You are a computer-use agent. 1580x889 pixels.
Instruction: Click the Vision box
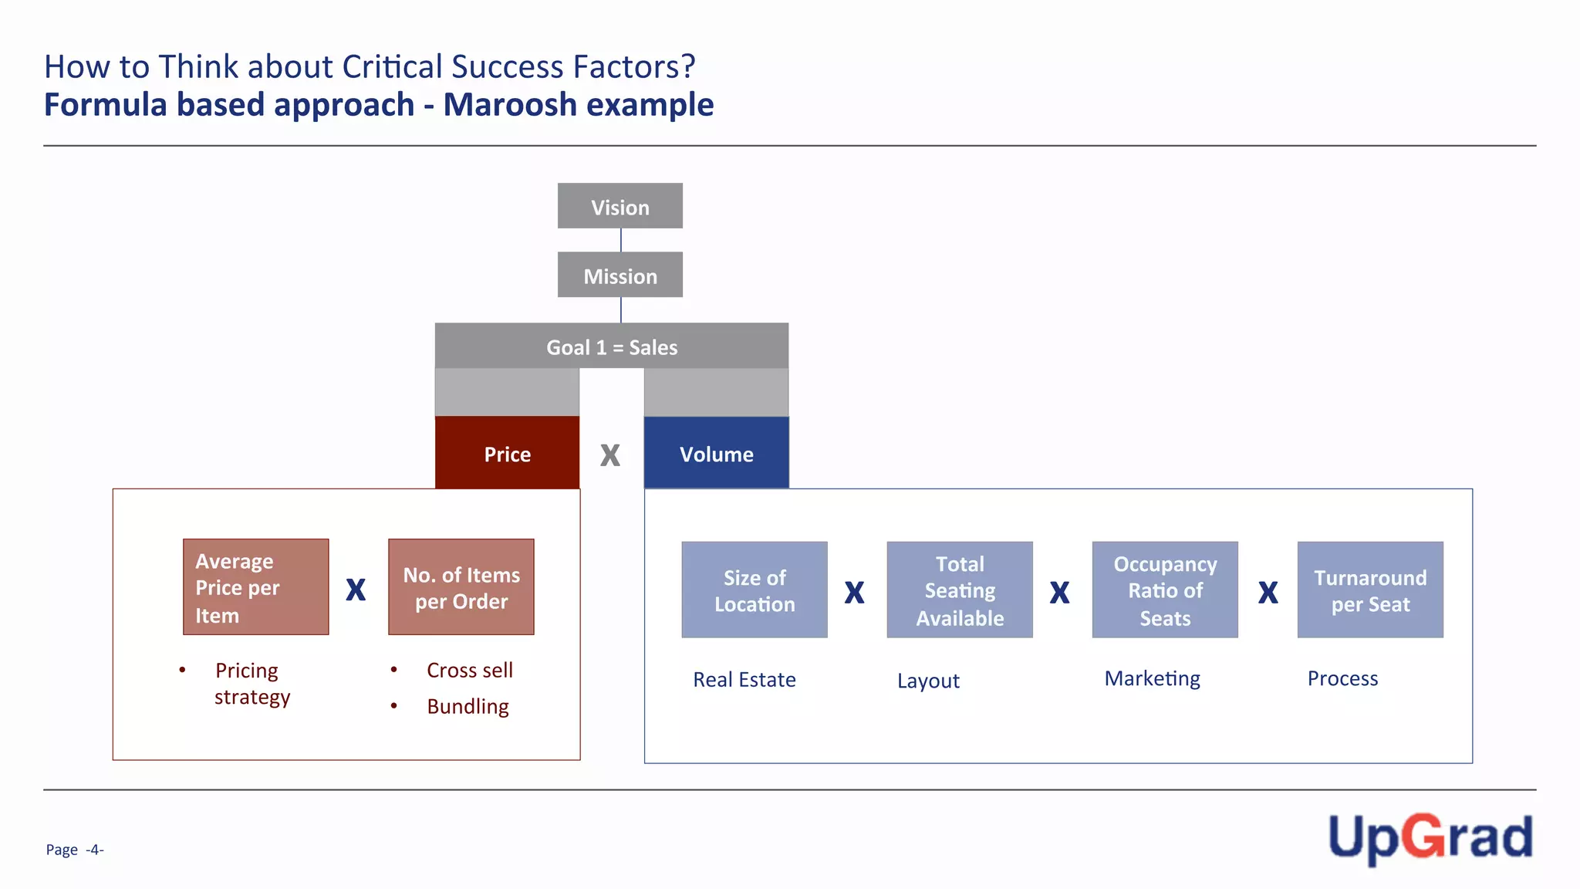620,206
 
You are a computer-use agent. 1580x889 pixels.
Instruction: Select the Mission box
620,275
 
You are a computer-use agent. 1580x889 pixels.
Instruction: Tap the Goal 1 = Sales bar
611,346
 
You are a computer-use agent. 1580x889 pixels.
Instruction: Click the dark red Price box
507,453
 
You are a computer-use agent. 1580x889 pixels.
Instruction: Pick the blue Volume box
716,453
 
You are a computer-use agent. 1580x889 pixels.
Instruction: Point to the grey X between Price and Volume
610,455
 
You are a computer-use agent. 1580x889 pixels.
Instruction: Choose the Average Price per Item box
255,587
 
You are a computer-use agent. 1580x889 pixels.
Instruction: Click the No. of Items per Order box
461,587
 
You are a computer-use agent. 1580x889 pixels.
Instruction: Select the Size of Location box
754,590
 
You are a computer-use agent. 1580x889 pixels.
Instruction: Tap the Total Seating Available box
959,590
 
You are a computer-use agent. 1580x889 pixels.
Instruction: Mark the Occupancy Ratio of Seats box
1164,590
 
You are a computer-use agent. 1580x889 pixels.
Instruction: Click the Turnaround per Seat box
1369,590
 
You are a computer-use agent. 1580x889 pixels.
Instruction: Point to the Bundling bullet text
468,706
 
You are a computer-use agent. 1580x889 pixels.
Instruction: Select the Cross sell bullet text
469,670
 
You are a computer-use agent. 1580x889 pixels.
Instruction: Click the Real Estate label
744,679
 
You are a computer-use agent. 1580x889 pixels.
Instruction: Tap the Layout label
928,681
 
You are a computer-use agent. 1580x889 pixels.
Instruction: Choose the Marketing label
1152,678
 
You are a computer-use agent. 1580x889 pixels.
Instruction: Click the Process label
1342,678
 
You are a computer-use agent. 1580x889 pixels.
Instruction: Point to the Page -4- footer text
74,850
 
